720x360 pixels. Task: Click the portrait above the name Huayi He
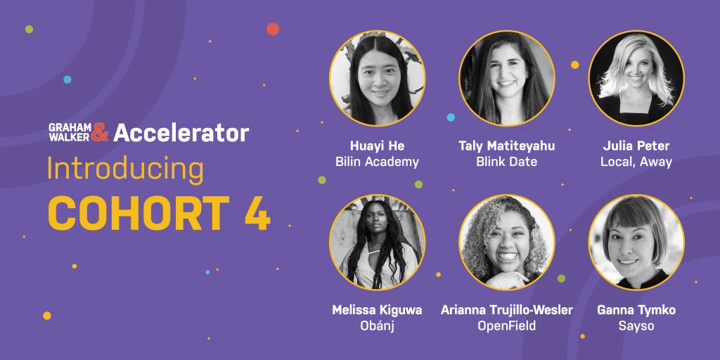click(x=377, y=78)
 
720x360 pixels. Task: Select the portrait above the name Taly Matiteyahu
click(x=507, y=78)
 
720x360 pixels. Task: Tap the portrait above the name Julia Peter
click(x=636, y=78)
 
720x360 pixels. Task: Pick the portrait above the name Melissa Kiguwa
click(x=377, y=243)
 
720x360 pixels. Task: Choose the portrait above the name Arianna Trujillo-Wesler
click(x=507, y=243)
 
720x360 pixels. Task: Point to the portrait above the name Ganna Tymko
click(x=636, y=243)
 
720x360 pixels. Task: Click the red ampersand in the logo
click(x=100, y=132)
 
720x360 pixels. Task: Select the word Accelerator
click(x=181, y=132)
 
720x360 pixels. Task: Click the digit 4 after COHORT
click(x=257, y=213)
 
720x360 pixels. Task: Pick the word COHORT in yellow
click(x=139, y=213)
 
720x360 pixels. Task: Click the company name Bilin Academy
click(x=377, y=162)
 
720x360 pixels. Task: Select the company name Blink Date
click(x=507, y=162)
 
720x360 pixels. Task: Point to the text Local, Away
click(x=636, y=162)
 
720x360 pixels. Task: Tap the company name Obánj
click(x=377, y=326)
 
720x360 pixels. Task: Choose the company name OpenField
click(x=507, y=326)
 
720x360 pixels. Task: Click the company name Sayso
click(x=636, y=326)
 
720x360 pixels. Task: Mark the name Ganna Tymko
click(x=636, y=310)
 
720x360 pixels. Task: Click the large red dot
click(x=273, y=29)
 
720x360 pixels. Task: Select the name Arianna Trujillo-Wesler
click(x=507, y=310)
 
